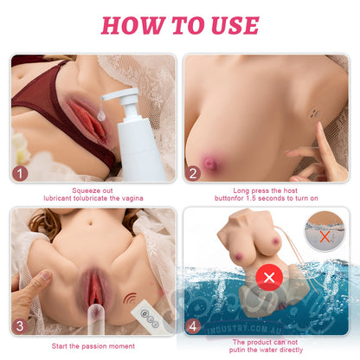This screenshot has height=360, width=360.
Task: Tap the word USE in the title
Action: click(235, 25)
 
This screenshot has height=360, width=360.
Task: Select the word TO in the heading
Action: click(189, 25)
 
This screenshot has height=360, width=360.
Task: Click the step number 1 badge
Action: click(20, 174)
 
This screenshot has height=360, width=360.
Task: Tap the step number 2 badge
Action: click(193, 174)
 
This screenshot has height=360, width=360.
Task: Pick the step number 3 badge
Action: click(20, 326)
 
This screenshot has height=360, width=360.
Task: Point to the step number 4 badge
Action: click(193, 326)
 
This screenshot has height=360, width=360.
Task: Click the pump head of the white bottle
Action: click(123, 97)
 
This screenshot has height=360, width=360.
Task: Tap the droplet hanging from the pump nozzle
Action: click(101, 115)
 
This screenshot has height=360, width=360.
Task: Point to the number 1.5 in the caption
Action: click(251, 198)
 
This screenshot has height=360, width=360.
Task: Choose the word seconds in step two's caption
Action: click(271, 198)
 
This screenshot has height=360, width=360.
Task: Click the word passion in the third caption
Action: click(93, 346)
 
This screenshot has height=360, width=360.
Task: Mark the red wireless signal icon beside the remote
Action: click(131, 299)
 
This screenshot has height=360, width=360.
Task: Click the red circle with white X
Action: click(269, 278)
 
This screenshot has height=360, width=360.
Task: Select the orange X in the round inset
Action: click(325, 237)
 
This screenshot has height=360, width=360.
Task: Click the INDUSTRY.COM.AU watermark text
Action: click(244, 329)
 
